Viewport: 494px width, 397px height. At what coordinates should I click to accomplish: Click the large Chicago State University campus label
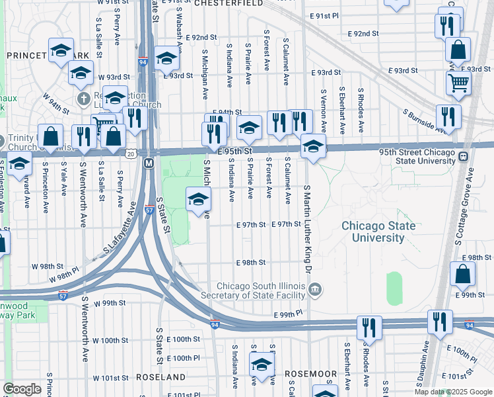[378, 232]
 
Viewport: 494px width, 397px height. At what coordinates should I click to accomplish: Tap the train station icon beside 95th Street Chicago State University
[464, 157]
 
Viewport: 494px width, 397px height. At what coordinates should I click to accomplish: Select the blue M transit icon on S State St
[149, 163]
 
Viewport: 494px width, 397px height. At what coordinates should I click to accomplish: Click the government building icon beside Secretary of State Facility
[316, 289]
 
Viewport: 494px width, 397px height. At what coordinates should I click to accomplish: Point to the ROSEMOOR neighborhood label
[311, 374]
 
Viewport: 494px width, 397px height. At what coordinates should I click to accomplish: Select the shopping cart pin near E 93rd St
[458, 83]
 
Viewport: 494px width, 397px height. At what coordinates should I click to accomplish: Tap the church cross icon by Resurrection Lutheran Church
[83, 99]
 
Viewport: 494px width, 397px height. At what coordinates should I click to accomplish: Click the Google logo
[22, 388]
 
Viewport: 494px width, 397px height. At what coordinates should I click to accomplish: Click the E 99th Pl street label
[290, 312]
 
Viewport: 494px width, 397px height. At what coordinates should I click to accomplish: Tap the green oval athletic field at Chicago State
[394, 288]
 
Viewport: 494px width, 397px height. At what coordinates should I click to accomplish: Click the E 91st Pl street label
[326, 15]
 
